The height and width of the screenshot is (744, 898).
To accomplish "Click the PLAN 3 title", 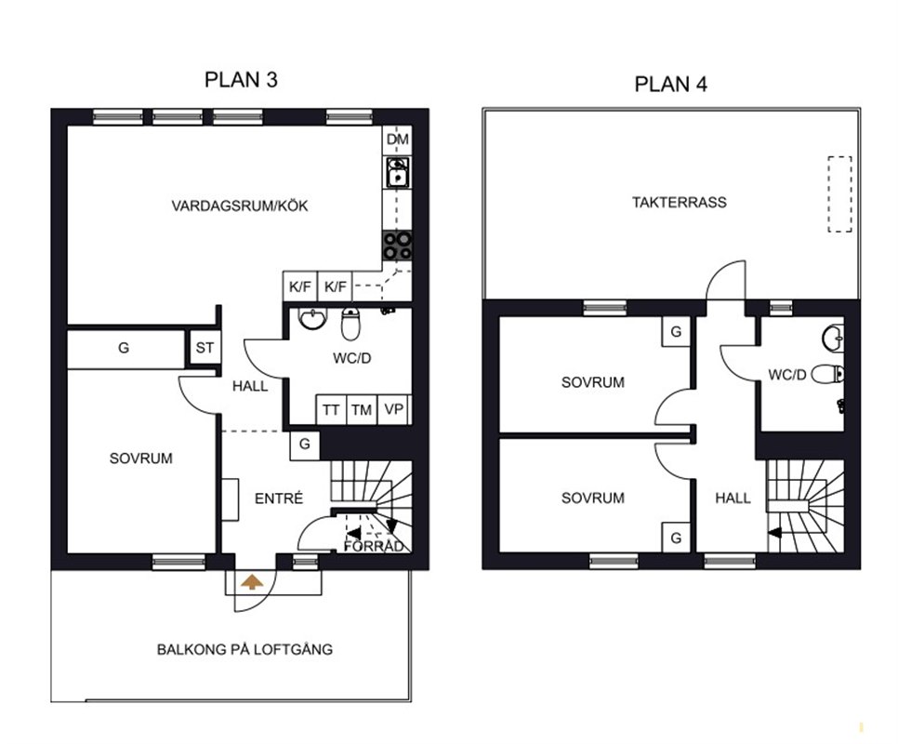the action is (241, 80).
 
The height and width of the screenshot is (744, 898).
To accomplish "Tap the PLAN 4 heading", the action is (670, 85).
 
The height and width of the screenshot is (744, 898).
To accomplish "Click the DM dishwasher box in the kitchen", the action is (398, 139).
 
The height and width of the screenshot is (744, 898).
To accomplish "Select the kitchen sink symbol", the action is (398, 172).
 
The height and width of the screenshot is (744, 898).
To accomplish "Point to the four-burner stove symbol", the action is (398, 246).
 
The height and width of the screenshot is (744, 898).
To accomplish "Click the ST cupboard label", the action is (205, 348).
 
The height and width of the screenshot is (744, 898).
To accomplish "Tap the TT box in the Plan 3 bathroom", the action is (331, 409).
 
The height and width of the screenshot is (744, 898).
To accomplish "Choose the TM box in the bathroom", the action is (362, 409).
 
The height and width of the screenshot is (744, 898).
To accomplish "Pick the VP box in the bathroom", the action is (393, 409).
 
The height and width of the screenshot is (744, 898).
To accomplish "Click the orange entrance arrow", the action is (252, 582).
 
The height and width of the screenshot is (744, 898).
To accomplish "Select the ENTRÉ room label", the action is (279, 498).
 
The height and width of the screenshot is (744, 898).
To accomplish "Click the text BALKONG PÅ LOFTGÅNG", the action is (244, 649).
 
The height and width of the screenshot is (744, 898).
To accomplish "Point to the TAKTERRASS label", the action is (680, 202).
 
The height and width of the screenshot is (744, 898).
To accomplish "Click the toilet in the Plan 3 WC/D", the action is (350, 323).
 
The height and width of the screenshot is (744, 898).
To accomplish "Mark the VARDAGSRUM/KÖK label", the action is (240, 206).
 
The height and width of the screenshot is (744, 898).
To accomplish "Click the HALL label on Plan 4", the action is (733, 498).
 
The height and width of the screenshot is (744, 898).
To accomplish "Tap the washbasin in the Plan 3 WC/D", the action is (312, 319).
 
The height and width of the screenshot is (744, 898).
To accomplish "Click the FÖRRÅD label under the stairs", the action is (374, 547).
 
